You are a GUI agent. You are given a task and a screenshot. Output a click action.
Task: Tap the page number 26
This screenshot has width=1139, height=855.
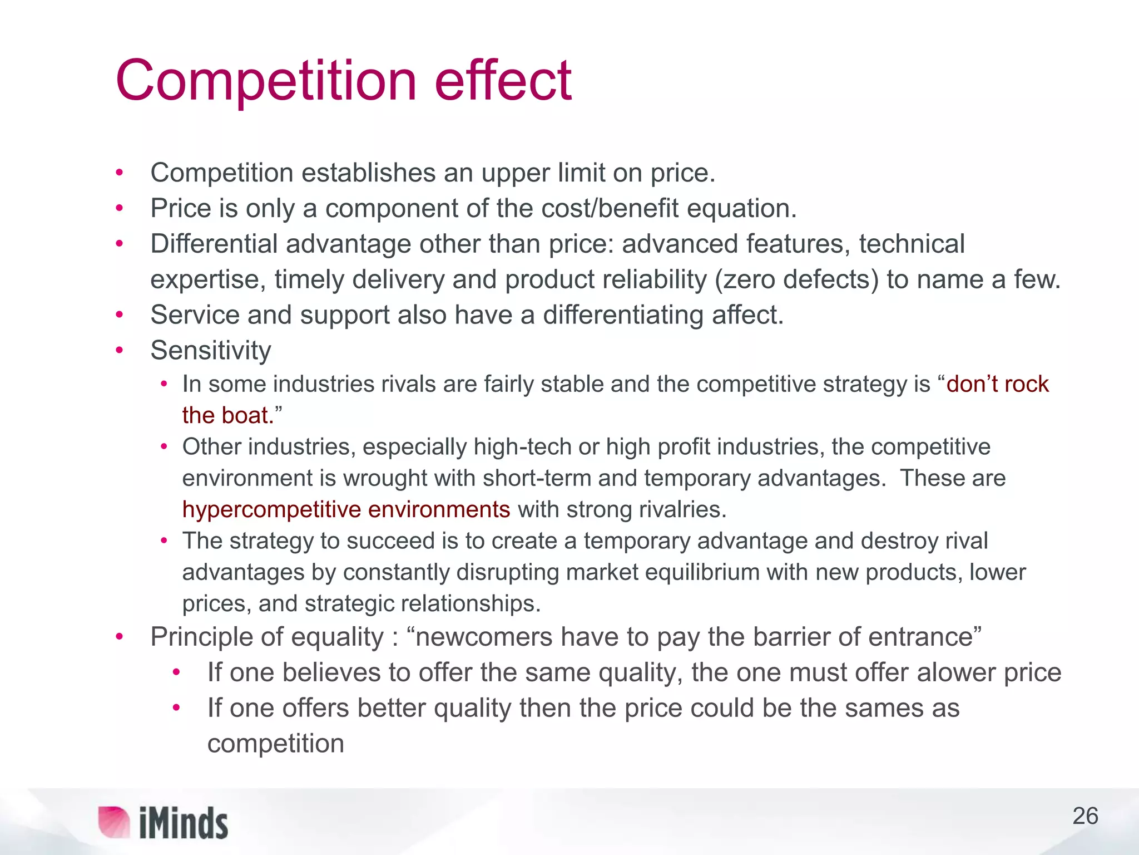[x=1085, y=816]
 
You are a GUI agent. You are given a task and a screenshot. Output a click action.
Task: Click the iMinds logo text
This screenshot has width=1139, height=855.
[x=184, y=823]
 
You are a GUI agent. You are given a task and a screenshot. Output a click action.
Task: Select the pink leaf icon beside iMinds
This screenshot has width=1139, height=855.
[x=113, y=822]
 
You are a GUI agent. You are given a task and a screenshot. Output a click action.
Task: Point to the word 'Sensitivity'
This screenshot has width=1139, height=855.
[x=211, y=351]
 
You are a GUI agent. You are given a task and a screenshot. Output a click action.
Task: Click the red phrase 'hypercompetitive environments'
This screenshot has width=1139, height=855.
[x=346, y=509]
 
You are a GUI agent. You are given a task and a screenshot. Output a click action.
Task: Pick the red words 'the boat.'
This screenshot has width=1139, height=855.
[x=229, y=415]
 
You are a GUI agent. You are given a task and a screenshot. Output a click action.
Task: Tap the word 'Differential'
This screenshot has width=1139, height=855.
[x=214, y=244]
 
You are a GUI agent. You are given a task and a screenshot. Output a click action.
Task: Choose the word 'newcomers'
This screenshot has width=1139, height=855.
[x=484, y=637]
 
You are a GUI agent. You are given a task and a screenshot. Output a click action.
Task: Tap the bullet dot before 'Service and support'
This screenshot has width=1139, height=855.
[x=119, y=315]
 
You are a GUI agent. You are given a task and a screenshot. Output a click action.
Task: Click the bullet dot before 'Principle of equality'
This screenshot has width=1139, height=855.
[x=119, y=637]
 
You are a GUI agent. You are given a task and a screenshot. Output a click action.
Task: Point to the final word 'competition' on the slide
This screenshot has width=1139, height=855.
[x=276, y=744]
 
